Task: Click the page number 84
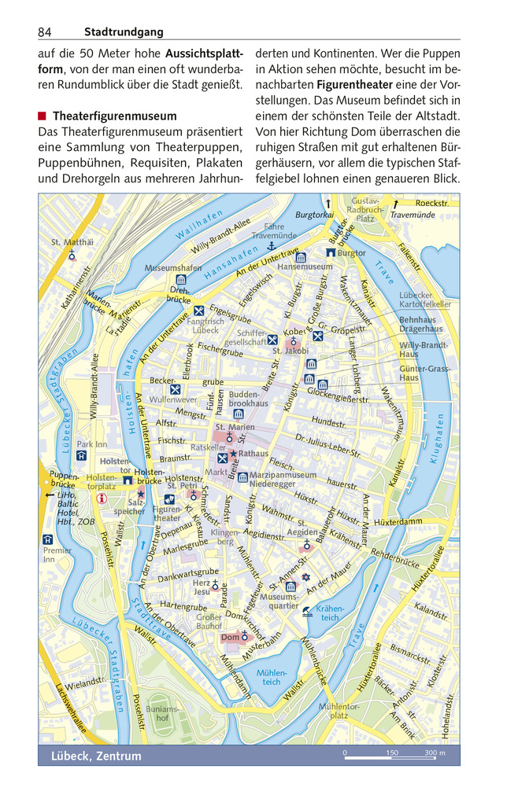click(x=44, y=32)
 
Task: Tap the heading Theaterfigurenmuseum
click(x=114, y=116)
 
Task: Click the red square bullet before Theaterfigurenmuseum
click(x=43, y=116)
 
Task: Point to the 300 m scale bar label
click(x=435, y=753)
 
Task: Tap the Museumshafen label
click(x=173, y=268)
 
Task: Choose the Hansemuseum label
click(x=305, y=267)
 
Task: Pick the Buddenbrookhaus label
click(x=243, y=399)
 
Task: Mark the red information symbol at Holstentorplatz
click(x=101, y=497)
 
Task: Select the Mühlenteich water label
click(x=271, y=677)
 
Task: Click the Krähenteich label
click(x=330, y=613)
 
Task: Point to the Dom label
click(x=229, y=637)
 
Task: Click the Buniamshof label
click(x=162, y=713)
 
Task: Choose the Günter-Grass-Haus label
click(x=424, y=373)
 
